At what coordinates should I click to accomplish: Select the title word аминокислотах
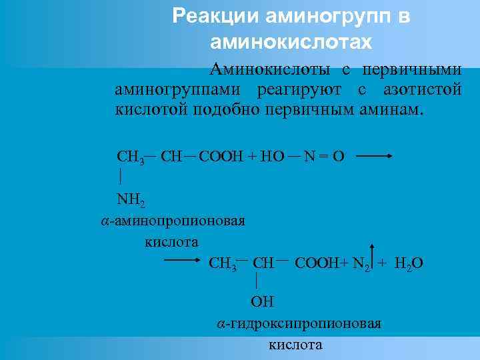pyautogui.click(x=290, y=42)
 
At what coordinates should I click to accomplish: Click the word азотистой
pyautogui.click(x=422, y=89)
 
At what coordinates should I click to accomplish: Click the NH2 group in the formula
pyautogui.click(x=131, y=199)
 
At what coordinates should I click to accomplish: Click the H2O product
pyautogui.click(x=408, y=263)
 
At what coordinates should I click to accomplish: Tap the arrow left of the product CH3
pyautogui.click(x=183, y=262)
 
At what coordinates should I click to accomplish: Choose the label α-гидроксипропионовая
pyautogui.click(x=299, y=324)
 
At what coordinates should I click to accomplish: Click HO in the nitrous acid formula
pyautogui.click(x=273, y=157)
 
